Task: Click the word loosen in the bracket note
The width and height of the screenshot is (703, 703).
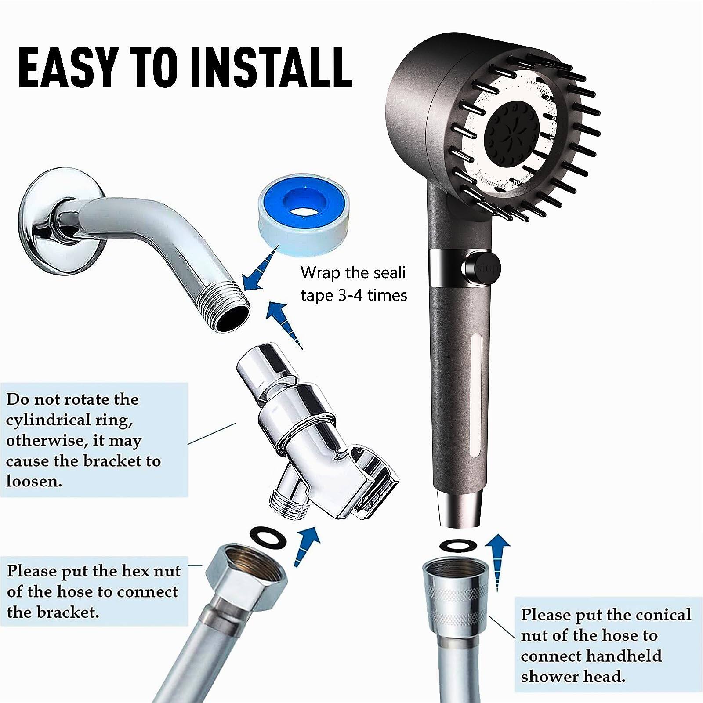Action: [x=33, y=481]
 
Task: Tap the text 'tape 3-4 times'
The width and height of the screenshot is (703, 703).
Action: [x=354, y=295]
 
